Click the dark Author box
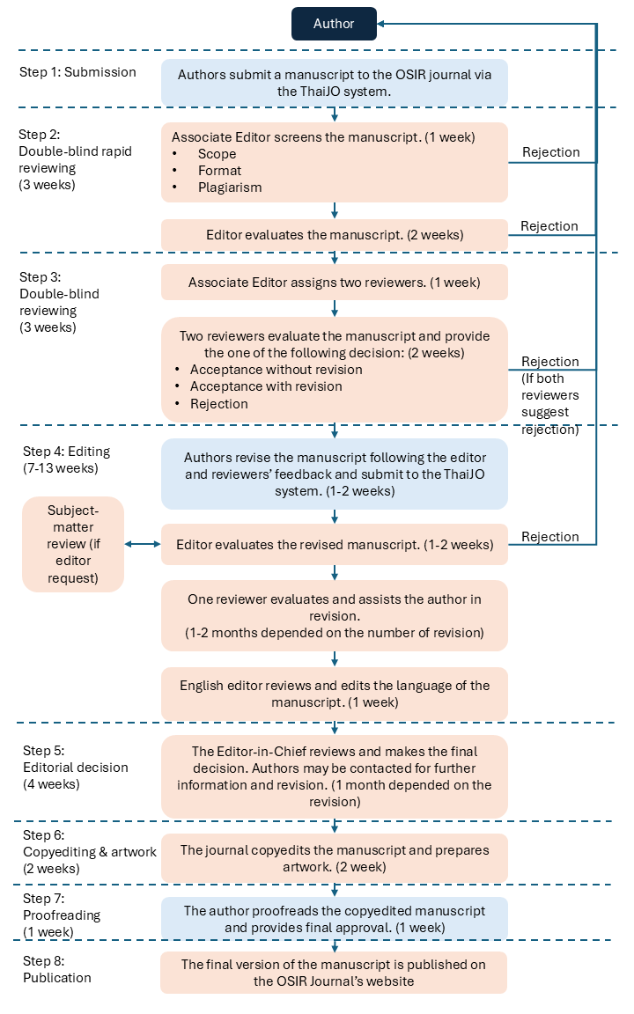point(334,24)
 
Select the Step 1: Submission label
point(77,72)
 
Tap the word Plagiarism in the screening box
point(230,187)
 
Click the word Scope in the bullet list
point(217,154)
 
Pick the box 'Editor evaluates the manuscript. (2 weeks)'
point(335,235)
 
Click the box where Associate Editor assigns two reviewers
point(335,283)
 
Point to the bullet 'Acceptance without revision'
point(276,370)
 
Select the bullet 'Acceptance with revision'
point(266,386)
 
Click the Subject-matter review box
point(73,545)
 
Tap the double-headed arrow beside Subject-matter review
point(143,545)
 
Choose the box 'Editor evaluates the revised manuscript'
point(335,545)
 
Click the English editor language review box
point(335,694)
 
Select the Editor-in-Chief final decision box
point(335,776)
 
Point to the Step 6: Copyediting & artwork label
point(89,852)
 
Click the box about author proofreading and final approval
point(335,919)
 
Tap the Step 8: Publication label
point(57,969)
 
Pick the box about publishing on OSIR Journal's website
point(334,973)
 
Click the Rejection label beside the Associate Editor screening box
point(551,152)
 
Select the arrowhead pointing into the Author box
point(381,24)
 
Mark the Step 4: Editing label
point(66,459)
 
